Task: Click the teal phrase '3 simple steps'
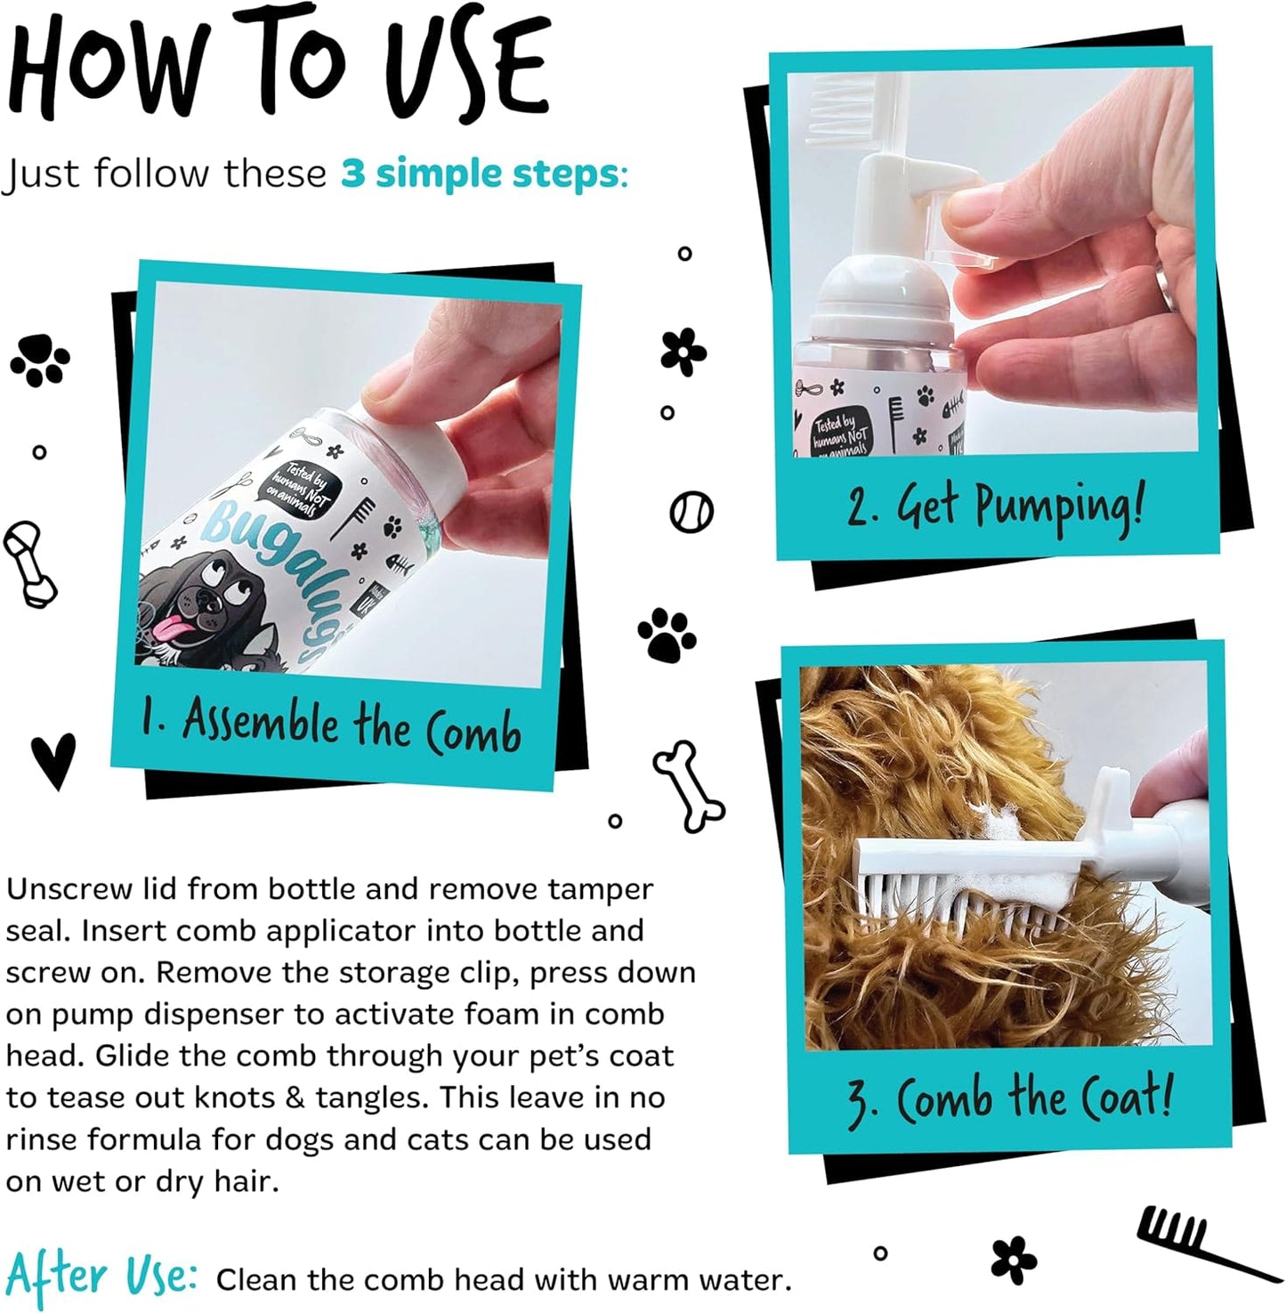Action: pyautogui.click(x=480, y=174)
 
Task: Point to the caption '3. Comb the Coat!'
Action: pyautogui.click(x=1008, y=1098)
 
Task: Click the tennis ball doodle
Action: pyautogui.click(x=692, y=512)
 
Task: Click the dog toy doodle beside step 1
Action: pyautogui.click(x=30, y=563)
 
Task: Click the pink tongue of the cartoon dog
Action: pyautogui.click(x=166, y=632)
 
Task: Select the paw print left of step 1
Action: pyautogui.click(x=39, y=360)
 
